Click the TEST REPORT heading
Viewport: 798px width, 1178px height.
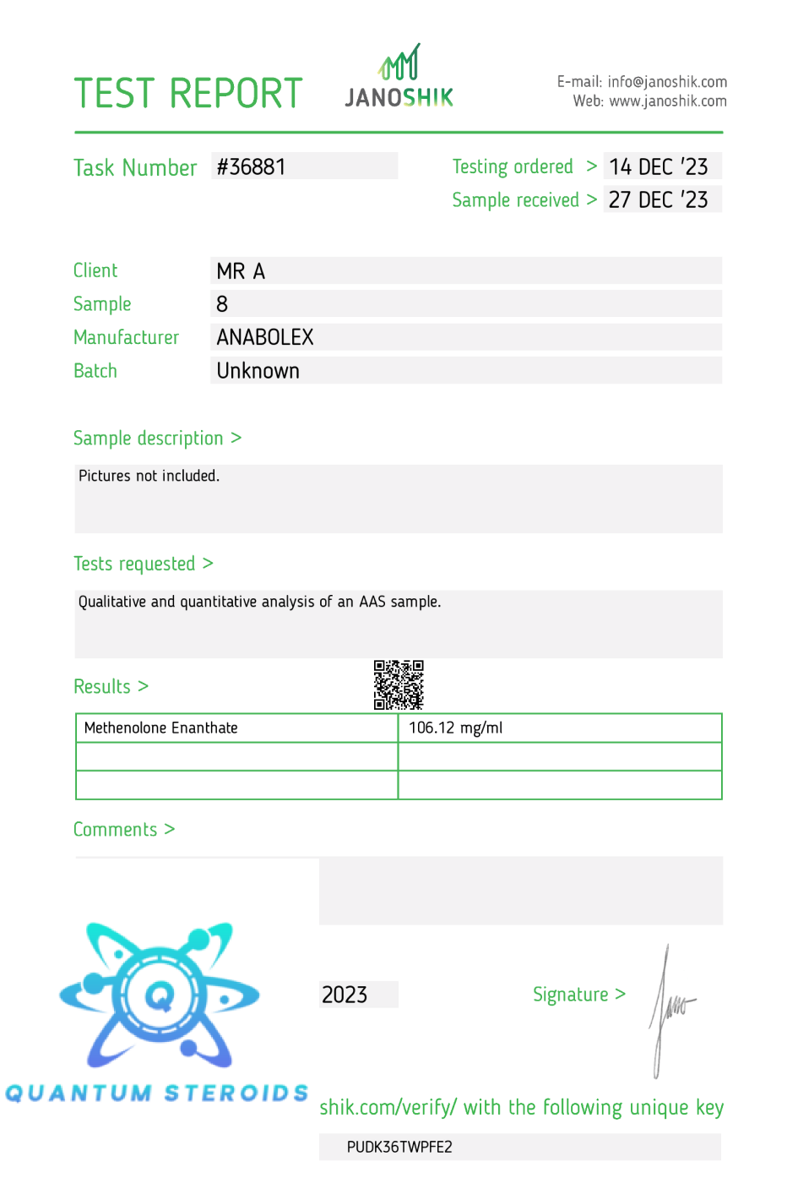coord(187,94)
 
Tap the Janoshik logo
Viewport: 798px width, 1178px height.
coord(399,77)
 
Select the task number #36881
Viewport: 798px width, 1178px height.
coord(252,166)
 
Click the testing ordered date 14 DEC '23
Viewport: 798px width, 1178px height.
coord(659,166)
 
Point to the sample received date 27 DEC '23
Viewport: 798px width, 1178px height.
coord(659,200)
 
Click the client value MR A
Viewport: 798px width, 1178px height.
coord(241,271)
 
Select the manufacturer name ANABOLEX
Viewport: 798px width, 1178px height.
coord(265,337)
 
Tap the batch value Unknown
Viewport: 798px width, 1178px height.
coord(258,371)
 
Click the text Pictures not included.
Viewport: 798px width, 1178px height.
coord(149,476)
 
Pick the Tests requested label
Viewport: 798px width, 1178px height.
coord(134,564)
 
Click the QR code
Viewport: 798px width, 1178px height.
coord(399,684)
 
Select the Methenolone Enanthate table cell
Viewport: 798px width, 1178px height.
coord(161,728)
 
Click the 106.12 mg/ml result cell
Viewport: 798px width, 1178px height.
coord(456,728)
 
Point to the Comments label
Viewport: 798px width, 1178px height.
coord(116,830)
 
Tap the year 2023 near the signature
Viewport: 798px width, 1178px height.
coord(345,995)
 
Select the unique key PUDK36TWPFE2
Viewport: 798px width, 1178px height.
coord(399,1147)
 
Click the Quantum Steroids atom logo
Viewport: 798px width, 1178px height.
coord(160,995)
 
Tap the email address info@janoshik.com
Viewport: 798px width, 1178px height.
coord(667,82)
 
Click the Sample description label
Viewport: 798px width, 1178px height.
coord(149,439)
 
